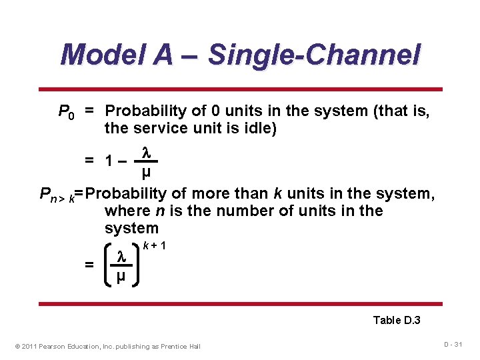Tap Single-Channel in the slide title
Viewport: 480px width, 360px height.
314,55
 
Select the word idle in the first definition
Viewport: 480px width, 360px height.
258,128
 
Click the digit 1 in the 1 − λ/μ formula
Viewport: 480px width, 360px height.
109,161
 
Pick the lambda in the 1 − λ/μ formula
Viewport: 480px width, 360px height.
146,153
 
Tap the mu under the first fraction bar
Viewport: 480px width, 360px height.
146,173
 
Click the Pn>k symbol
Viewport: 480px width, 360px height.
57,195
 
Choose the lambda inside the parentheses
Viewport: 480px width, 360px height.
121,256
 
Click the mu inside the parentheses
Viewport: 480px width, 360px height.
121,275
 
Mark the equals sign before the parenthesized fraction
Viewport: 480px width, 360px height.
89,265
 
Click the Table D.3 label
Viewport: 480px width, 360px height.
396,320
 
